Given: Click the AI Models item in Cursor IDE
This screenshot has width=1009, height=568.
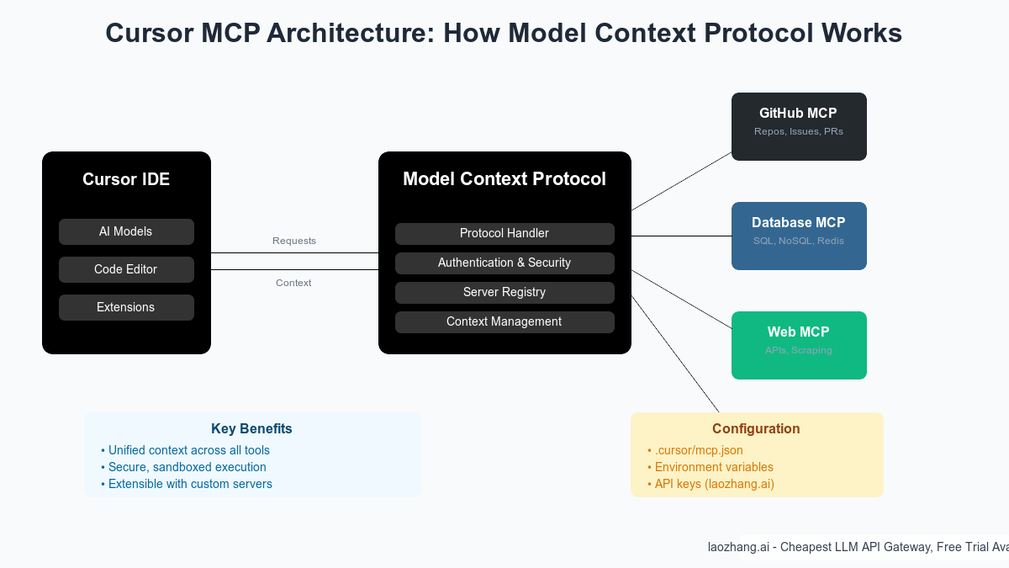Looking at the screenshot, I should click(126, 231).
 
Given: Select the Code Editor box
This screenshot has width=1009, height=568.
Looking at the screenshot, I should click(126, 269).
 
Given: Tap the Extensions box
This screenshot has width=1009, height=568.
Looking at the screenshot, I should click(126, 307).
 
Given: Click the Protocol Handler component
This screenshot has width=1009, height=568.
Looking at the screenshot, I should click(504, 233).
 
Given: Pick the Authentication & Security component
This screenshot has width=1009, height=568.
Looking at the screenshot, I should click(504, 263).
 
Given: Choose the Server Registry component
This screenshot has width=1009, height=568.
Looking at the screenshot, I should click(504, 292).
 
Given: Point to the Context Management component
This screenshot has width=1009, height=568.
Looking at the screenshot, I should click(504, 321).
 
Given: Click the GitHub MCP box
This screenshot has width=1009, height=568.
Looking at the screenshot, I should click(799, 126).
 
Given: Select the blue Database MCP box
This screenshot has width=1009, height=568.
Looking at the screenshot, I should click(799, 236).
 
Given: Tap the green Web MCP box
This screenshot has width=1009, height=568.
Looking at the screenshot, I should click(799, 345).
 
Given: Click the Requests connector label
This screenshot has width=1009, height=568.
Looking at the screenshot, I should click(294, 241).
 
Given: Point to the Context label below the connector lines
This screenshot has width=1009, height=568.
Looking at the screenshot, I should click(293, 283).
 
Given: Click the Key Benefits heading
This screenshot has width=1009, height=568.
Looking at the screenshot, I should click(252, 428).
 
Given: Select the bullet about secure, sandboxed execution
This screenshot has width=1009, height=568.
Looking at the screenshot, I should click(187, 467).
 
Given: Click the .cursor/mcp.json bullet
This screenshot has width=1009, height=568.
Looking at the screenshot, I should click(698, 450).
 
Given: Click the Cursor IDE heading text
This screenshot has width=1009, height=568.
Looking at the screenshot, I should click(126, 179).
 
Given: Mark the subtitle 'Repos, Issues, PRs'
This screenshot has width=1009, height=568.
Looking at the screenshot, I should click(799, 132).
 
